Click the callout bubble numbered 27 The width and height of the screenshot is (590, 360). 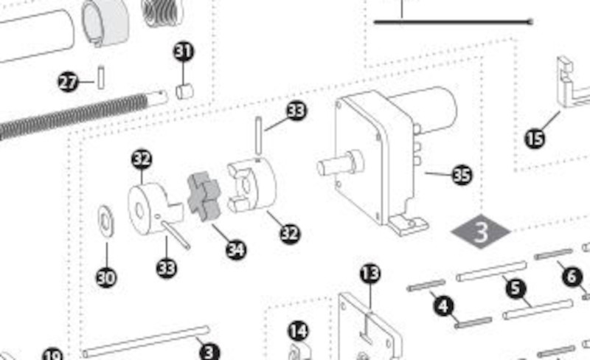pyautogui.click(x=68, y=82)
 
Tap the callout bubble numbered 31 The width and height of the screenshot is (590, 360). pyautogui.click(x=184, y=52)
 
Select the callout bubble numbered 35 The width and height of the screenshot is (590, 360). pyautogui.click(x=462, y=175)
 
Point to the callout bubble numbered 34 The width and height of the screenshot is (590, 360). pyautogui.click(x=236, y=249)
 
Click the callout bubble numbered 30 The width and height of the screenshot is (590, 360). pyautogui.click(x=106, y=278)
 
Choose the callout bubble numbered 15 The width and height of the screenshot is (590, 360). pyautogui.click(x=535, y=139)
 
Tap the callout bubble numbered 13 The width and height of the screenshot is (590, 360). pyautogui.click(x=370, y=274)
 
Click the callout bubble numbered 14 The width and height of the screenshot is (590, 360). pyautogui.click(x=299, y=331)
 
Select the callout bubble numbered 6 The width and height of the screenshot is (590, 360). pyautogui.click(x=572, y=277)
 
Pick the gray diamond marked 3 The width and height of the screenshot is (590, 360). pyautogui.click(x=481, y=231)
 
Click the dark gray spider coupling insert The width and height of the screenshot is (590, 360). pyautogui.click(x=204, y=195)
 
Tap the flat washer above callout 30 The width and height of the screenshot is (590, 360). pyautogui.click(x=106, y=221)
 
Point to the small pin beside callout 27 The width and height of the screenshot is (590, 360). pyautogui.click(x=101, y=77)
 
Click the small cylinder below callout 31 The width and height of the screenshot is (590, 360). pyautogui.click(x=185, y=91)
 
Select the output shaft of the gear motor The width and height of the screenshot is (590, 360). pyautogui.click(x=340, y=165)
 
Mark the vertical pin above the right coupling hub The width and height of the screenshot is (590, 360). pyautogui.click(x=258, y=136)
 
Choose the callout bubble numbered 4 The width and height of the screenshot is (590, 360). pyautogui.click(x=444, y=305)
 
